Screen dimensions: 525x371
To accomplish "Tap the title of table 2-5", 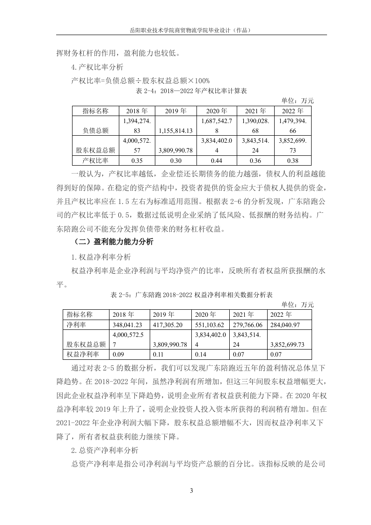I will click(x=191, y=295).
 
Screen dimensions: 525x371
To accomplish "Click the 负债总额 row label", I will click(x=95, y=131).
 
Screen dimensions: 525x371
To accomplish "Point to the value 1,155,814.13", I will click(x=175, y=131).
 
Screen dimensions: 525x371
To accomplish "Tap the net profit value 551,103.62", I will click(x=209, y=324).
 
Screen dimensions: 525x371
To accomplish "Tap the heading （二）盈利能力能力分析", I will click(x=113, y=242).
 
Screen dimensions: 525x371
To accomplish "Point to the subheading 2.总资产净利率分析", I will click(x=104, y=451).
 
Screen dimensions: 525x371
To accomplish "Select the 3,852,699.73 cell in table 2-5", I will click(x=286, y=344).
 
